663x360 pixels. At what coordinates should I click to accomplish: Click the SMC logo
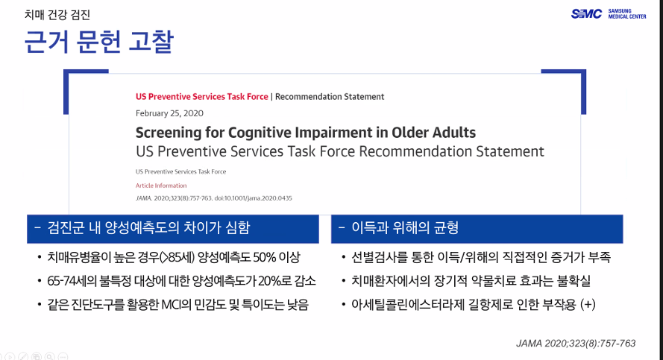586,14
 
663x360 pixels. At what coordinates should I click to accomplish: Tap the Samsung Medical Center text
627,14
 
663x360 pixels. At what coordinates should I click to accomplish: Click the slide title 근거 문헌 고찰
99,42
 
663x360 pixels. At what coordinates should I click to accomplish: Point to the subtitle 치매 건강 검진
57,15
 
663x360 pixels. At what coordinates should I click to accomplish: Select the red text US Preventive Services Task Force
201,97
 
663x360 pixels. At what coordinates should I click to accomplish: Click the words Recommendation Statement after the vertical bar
330,97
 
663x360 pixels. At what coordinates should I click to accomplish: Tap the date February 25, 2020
169,113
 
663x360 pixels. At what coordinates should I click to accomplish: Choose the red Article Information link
160,186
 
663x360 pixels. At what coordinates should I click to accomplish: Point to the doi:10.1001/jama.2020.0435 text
254,198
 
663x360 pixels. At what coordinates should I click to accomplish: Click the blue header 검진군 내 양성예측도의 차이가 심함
148,228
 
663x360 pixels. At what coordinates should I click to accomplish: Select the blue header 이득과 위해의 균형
405,228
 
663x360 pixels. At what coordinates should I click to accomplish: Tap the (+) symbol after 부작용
588,304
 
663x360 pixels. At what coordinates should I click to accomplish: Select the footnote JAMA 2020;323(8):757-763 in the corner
576,344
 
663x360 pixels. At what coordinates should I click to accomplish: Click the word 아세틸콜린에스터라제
408,304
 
